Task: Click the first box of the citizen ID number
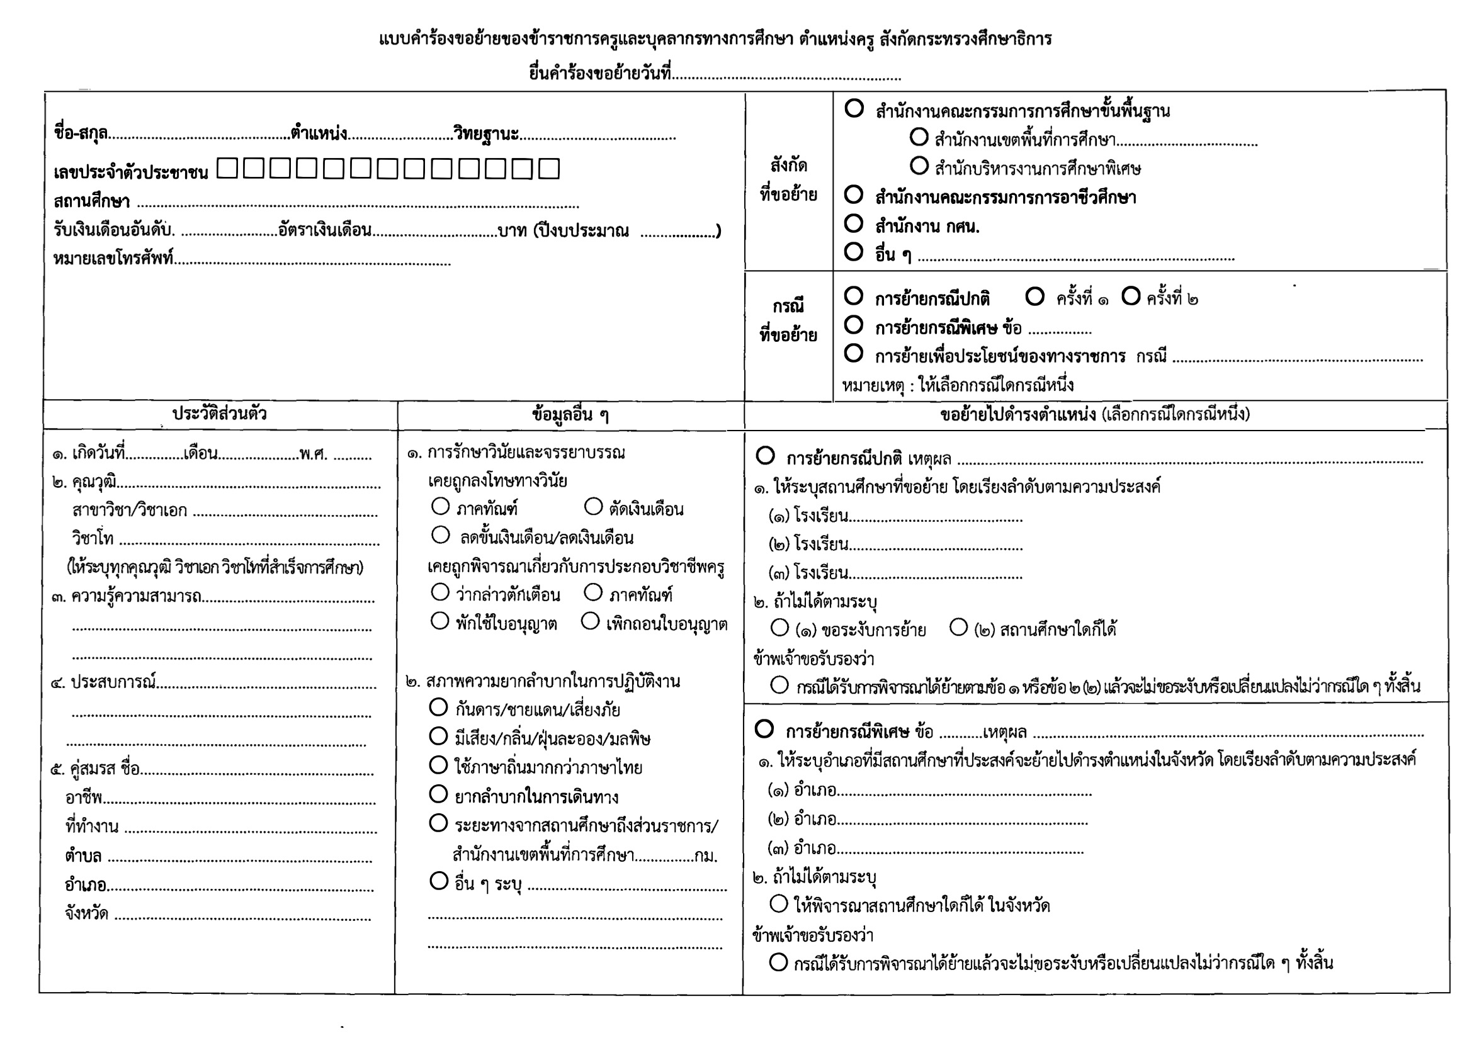pyautogui.click(x=227, y=169)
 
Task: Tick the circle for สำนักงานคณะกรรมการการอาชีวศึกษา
pyautogui.click(x=854, y=194)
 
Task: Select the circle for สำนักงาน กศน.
pyautogui.click(x=854, y=223)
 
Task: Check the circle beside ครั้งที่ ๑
pyautogui.click(x=1034, y=297)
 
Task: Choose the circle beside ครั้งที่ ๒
pyautogui.click(x=1131, y=296)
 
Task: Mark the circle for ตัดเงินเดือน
pyautogui.click(x=593, y=507)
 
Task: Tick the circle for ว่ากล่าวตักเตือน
pyautogui.click(x=440, y=592)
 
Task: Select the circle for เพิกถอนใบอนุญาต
pyautogui.click(x=591, y=621)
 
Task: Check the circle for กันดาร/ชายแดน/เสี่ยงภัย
pyautogui.click(x=438, y=708)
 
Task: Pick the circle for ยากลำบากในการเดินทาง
pyautogui.click(x=438, y=794)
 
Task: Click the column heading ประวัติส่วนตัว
pyautogui.click(x=220, y=414)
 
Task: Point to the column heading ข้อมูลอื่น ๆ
pyautogui.click(x=570, y=415)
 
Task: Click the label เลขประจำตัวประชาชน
pyautogui.click(x=131, y=172)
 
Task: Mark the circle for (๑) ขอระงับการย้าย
pyautogui.click(x=779, y=627)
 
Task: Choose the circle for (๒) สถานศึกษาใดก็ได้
pyautogui.click(x=958, y=627)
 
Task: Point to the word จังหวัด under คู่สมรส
pyautogui.click(x=86, y=914)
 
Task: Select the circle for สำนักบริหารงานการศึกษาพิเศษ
pyautogui.click(x=919, y=166)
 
